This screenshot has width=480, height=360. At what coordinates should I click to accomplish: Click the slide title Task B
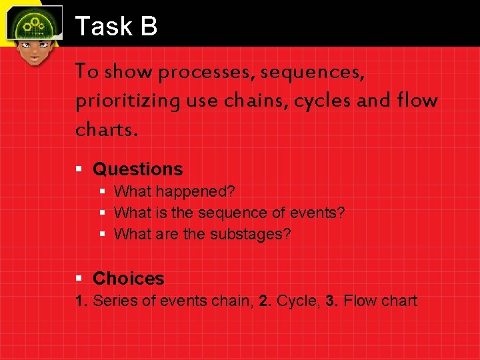[x=116, y=27]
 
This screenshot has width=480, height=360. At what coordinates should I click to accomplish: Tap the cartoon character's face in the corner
[x=33, y=50]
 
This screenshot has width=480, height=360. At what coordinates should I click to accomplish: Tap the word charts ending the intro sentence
[x=106, y=129]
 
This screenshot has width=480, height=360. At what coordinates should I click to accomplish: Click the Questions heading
[x=137, y=169]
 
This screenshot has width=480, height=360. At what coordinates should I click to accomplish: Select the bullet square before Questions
[x=79, y=169]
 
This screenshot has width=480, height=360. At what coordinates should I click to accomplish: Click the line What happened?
[x=175, y=192]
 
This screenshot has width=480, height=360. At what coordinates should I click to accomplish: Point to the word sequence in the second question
[x=249, y=213]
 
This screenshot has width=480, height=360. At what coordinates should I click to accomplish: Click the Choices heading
[x=128, y=279]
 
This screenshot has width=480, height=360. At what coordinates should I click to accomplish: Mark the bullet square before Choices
[x=79, y=279]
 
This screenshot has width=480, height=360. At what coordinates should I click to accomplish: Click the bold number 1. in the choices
[x=82, y=301]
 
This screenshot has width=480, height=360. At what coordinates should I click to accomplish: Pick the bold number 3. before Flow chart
[x=333, y=301]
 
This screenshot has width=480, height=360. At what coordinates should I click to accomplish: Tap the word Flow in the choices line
[x=360, y=301]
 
